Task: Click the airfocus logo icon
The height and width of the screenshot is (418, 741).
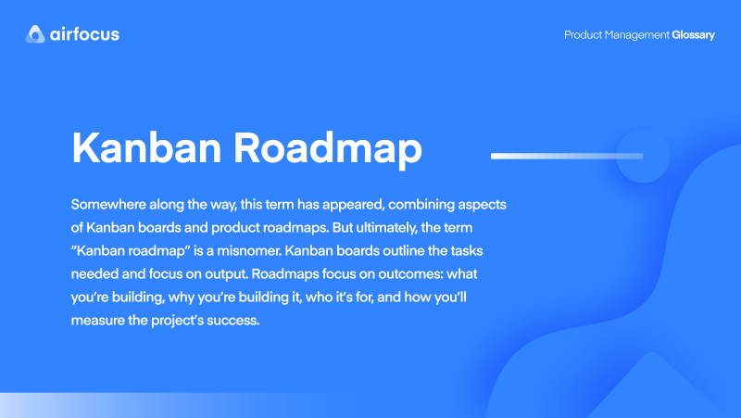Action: (36, 35)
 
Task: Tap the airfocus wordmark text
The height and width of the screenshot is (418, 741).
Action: (85, 35)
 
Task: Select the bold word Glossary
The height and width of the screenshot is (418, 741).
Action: (694, 34)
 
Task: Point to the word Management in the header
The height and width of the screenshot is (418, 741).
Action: (638, 34)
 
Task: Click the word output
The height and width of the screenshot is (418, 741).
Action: (253, 275)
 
